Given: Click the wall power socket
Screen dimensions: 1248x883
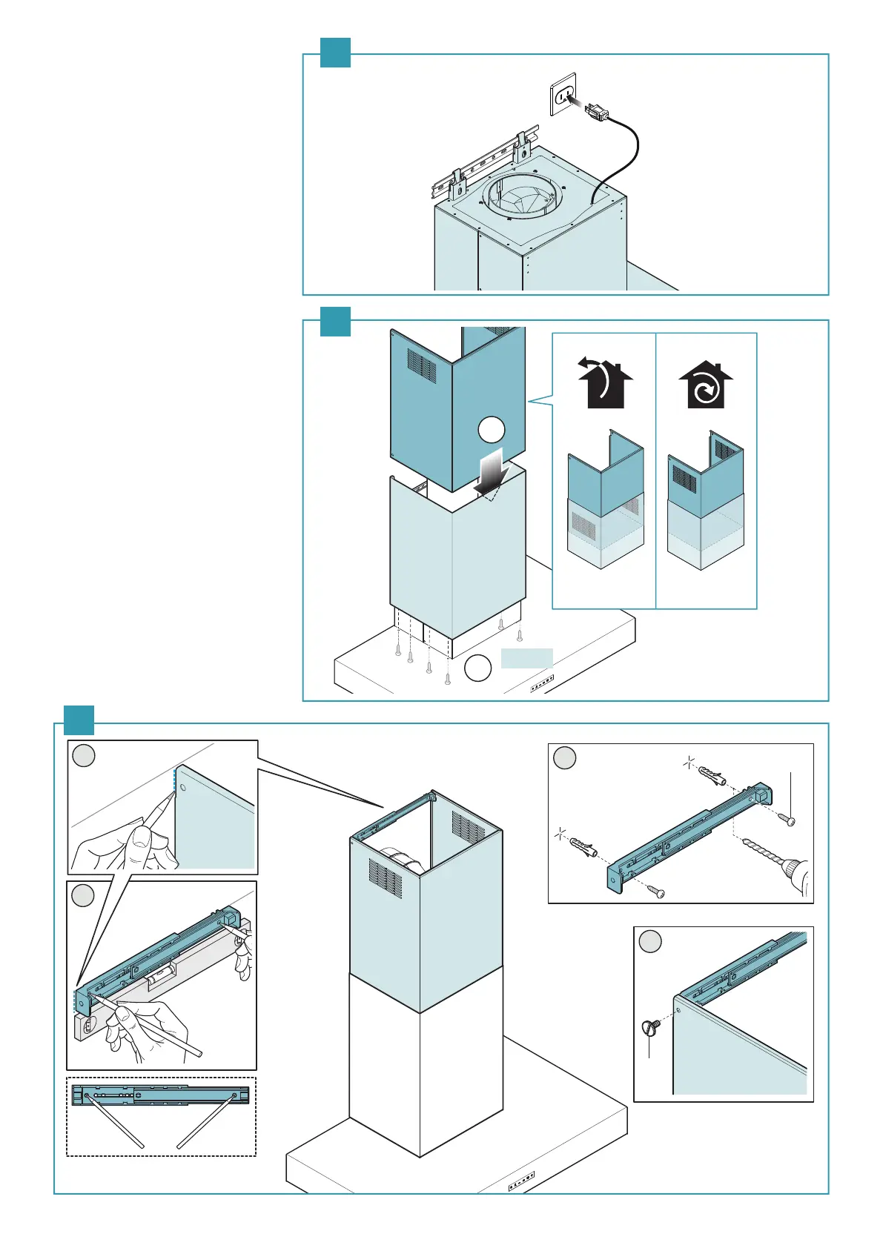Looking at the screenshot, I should click(563, 95).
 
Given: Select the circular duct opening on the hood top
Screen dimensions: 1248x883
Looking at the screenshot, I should click(522, 196).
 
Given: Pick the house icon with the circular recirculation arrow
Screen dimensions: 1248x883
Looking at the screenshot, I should click(706, 385).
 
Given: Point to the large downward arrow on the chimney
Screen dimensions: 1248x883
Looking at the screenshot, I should click(491, 473).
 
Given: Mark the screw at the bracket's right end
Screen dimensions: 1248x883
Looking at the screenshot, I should click(787, 820).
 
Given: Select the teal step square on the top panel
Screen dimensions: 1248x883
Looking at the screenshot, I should click(335, 53).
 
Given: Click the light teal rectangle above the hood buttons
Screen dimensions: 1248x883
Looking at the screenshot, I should click(526, 658).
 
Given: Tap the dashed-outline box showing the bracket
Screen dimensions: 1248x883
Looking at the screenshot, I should click(161, 1116).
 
